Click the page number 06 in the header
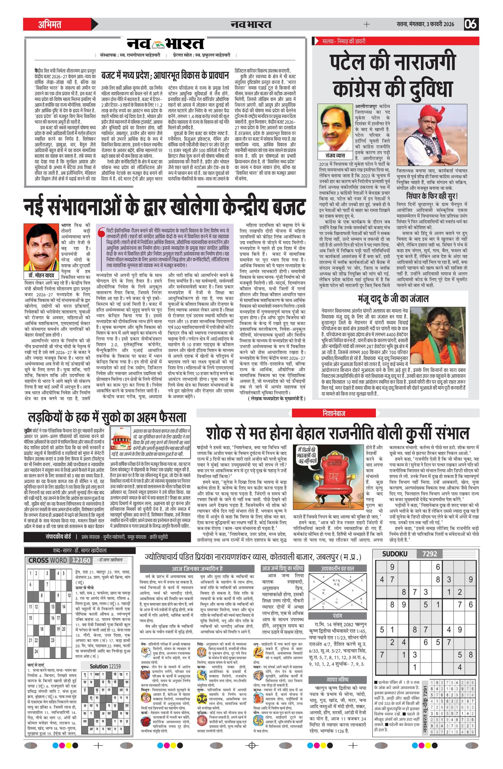(471, 24)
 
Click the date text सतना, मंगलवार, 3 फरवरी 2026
(425, 24)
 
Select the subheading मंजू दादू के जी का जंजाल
(393, 298)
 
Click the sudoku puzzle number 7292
(429, 554)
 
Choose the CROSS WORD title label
(47, 560)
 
